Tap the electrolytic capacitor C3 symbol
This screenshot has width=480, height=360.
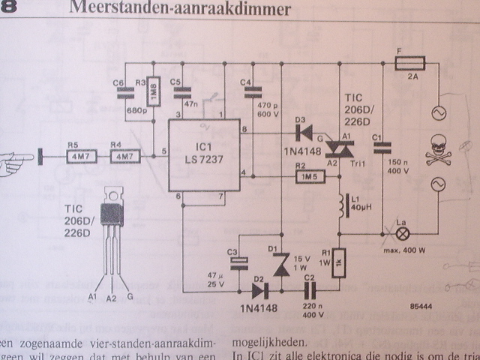pyautogui.click(x=239, y=262)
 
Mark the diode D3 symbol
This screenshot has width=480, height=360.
pyautogui.click(x=304, y=133)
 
